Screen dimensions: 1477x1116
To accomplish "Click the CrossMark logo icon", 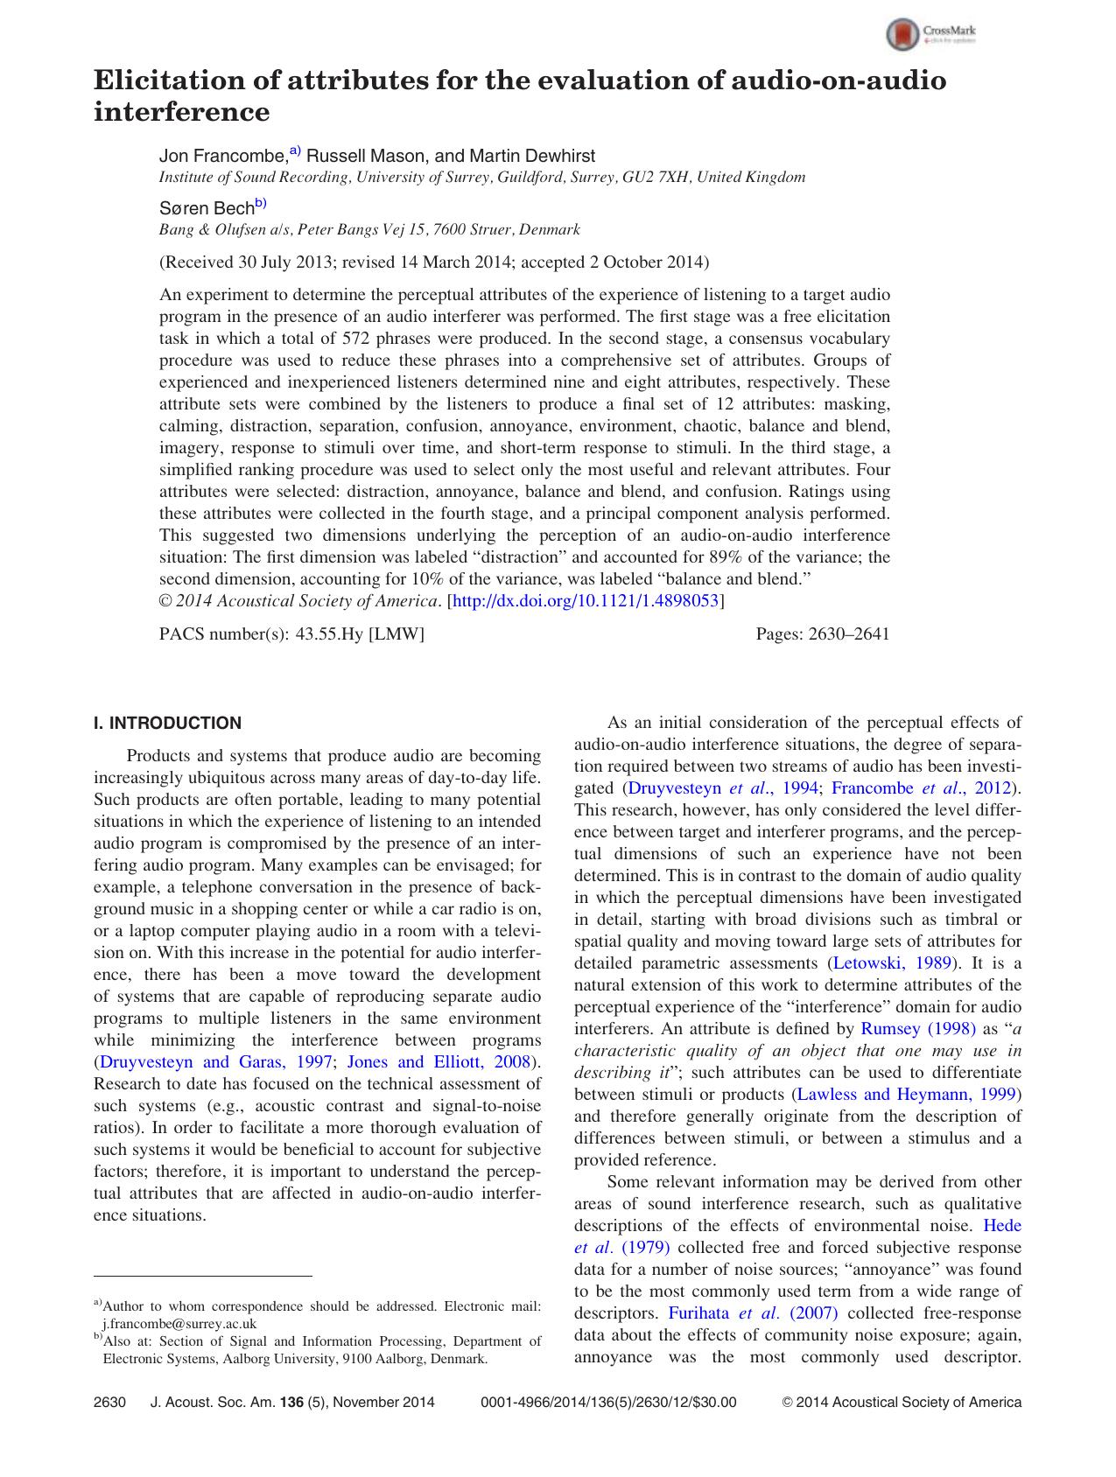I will coord(903,35).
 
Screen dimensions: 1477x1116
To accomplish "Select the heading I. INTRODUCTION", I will coord(167,724).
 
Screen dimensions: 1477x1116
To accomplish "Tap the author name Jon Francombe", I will coord(222,157).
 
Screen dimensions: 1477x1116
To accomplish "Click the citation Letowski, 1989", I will coord(892,963).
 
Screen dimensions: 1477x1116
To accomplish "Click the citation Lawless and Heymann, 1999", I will coord(906,1095).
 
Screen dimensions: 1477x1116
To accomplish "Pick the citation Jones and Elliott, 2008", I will coord(439,1062).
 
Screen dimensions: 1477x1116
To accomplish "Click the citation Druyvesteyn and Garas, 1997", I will coord(216,1062).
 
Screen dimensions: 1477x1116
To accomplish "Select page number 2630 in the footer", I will coord(110,1403).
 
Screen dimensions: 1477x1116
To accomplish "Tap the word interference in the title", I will coord(181,112).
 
